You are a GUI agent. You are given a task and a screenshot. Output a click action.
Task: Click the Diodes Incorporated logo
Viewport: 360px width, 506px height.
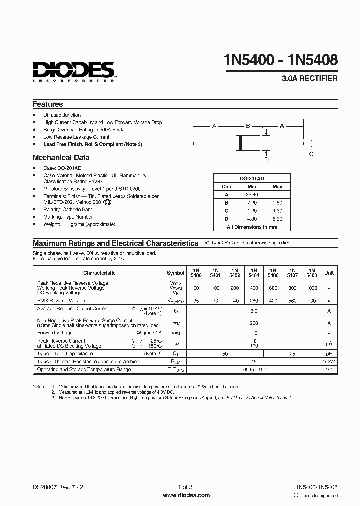coord(74,71)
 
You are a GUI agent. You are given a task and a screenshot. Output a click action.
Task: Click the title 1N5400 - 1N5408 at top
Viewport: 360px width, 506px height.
coord(281,60)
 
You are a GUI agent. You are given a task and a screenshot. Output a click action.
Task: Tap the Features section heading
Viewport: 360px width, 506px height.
coord(48,104)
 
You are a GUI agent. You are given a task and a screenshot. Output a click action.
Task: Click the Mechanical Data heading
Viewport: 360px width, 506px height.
coord(61,158)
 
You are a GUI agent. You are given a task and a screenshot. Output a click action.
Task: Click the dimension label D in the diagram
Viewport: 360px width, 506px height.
coord(266,159)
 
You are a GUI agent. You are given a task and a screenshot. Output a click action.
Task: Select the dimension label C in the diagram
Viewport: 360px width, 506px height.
coord(311,154)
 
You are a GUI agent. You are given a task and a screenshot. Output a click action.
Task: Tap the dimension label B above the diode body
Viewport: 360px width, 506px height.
coord(247,126)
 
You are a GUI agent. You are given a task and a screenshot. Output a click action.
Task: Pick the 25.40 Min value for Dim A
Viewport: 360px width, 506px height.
coord(252,195)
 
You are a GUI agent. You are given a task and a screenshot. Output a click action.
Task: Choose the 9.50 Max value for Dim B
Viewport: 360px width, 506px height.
coord(277,203)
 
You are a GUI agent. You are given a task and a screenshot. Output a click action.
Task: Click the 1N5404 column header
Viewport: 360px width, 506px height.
coord(254,273)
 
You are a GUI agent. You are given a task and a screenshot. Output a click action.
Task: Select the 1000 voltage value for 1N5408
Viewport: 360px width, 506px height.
coord(311,288)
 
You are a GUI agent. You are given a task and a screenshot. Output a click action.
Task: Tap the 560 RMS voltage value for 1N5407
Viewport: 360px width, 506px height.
coord(292,301)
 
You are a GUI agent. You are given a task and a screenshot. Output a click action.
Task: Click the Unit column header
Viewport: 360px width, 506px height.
coord(329,273)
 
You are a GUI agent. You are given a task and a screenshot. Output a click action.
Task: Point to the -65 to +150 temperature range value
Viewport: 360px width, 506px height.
coord(254,370)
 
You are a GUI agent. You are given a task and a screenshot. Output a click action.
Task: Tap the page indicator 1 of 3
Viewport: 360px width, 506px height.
coord(185,487)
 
